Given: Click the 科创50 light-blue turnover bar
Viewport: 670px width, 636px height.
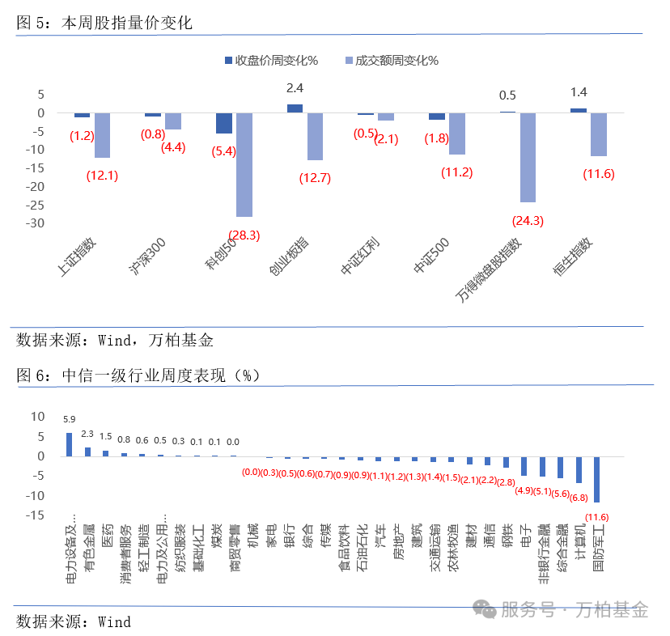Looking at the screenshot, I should (244, 164).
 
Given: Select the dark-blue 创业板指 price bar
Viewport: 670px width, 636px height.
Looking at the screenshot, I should (295, 108).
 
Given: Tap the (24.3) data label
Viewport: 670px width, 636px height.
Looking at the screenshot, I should (528, 220).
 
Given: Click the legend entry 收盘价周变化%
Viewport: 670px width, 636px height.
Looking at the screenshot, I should (271, 61).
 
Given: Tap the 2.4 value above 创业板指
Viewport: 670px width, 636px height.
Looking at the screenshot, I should (295, 87).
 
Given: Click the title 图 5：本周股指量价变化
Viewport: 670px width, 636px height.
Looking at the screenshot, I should (104, 23).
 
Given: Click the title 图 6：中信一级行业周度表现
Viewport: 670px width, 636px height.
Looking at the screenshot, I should (138, 375).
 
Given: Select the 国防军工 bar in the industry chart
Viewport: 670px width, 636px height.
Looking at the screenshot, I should (597, 479).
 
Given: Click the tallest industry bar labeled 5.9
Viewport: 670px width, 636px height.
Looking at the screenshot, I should (69, 444).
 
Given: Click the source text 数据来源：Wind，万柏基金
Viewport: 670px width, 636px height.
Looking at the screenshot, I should (114, 340).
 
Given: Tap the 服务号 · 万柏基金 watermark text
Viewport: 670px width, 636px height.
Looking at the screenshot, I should (575, 609).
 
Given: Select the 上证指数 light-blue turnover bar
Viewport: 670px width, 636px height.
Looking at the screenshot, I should (102, 135).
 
